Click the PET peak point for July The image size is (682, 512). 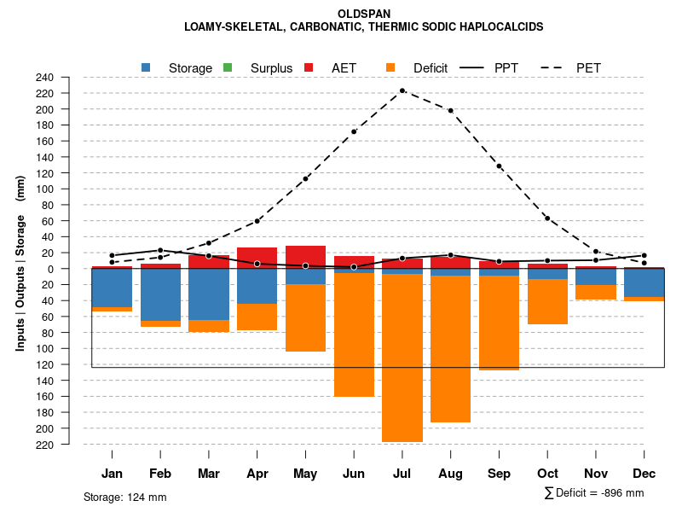402,90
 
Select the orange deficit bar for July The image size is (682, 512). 402,358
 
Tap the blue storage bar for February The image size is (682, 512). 160,294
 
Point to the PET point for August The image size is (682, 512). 450,111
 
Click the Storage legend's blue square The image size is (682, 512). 147,67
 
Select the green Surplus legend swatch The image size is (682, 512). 228,67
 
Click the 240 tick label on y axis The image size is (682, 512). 68,78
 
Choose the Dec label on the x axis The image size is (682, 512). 644,474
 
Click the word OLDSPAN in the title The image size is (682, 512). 363,15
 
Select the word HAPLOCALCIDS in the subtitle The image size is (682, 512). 504,27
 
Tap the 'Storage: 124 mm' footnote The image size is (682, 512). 124,497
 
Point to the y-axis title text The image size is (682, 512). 20,263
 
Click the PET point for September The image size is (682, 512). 499,166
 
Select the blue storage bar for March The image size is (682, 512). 209,294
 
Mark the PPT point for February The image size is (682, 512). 160,250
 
